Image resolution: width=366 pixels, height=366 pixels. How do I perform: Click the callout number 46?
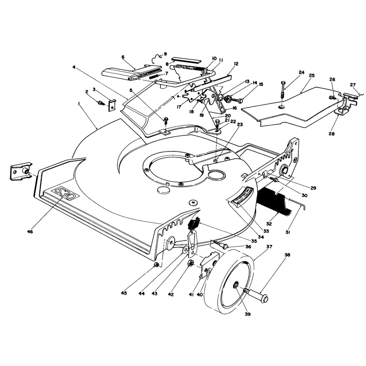coord(30,231)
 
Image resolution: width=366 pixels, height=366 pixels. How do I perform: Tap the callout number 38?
coord(287,255)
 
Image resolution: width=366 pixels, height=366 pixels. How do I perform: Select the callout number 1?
coord(79,105)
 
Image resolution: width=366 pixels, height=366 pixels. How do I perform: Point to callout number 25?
coord(312,75)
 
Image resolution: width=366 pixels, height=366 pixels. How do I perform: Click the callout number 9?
coord(165,54)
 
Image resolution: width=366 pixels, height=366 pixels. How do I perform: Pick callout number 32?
coord(269,224)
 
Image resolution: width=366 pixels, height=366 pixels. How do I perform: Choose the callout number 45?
coord(124,293)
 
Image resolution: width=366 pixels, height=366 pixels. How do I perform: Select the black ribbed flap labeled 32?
coord(274,200)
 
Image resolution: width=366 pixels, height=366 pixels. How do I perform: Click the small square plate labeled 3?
coord(112,105)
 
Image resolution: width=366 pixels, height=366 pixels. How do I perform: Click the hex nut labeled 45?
coord(156,264)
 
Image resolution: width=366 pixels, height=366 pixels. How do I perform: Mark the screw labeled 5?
coord(166,121)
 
